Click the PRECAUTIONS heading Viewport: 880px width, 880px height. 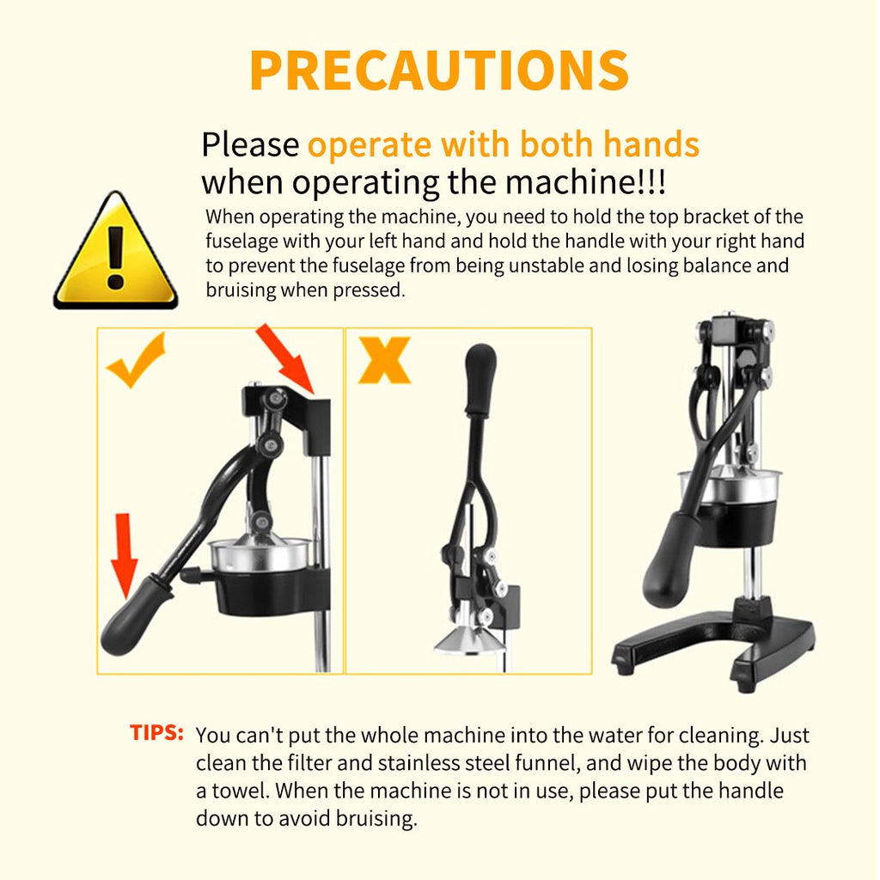pos(439,70)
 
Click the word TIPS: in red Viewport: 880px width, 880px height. pos(156,734)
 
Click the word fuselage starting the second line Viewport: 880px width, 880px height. pos(241,241)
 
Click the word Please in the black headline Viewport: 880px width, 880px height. pos(249,145)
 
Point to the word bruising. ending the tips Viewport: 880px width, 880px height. pos(377,818)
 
